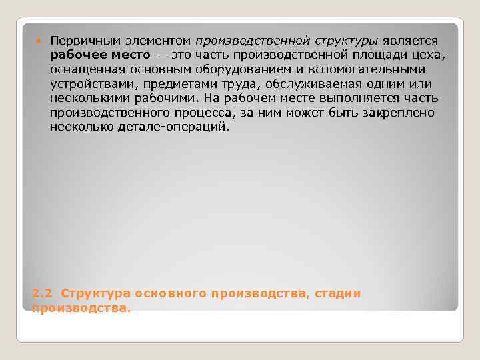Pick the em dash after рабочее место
[x=163, y=55]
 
